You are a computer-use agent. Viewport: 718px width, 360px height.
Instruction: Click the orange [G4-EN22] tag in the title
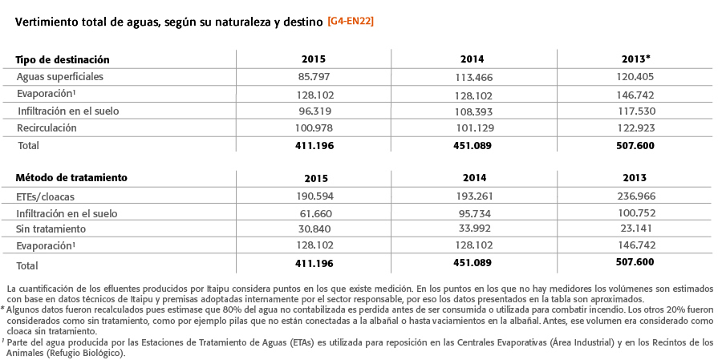(351, 22)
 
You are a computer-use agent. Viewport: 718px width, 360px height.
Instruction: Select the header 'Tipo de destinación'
(63, 59)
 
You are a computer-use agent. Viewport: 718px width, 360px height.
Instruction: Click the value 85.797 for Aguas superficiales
(314, 76)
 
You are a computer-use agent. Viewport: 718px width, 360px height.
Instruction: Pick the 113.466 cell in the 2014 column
(474, 77)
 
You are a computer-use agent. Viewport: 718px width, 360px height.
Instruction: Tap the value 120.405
(635, 76)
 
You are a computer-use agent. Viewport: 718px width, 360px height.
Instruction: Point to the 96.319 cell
(314, 111)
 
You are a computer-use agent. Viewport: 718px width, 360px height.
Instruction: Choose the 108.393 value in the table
(474, 111)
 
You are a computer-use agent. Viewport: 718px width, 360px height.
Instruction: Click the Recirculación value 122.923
(635, 128)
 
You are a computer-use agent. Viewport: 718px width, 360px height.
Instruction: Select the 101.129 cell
(474, 128)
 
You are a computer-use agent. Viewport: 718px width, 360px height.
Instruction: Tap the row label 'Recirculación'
(47, 128)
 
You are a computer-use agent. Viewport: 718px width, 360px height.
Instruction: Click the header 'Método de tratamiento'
(71, 177)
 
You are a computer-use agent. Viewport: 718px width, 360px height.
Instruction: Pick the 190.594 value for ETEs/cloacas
(314, 196)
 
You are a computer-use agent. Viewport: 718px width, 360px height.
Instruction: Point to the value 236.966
(636, 196)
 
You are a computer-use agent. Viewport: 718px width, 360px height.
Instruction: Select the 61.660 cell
(314, 213)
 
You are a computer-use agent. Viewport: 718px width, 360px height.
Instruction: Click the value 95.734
(475, 213)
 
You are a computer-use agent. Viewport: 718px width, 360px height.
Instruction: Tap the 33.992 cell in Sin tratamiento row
(475, 228)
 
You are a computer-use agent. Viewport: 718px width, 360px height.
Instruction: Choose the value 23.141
(635, 228)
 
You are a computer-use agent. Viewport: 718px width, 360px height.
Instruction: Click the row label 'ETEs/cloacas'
(45, 197)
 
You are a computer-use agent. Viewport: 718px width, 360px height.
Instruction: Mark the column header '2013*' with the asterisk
(635, 59)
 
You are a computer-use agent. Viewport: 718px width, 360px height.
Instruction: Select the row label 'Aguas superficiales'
(60, 77)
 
